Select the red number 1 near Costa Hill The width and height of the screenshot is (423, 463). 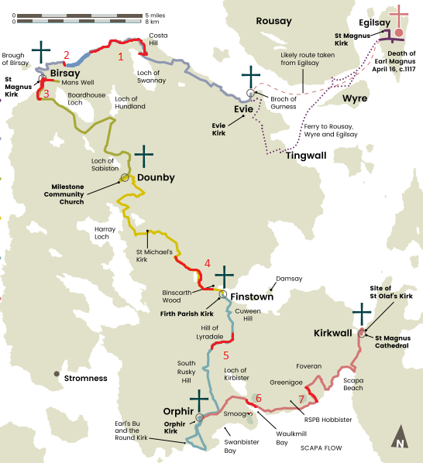coord(120,57)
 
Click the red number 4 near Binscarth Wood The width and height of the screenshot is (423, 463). coord(207,263)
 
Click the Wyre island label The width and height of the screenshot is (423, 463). coord(355,99)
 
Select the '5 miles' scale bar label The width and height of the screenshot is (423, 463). coord(155,15)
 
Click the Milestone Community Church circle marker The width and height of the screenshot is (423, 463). coord(124,178)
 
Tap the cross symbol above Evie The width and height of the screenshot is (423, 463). coord(250,77)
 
